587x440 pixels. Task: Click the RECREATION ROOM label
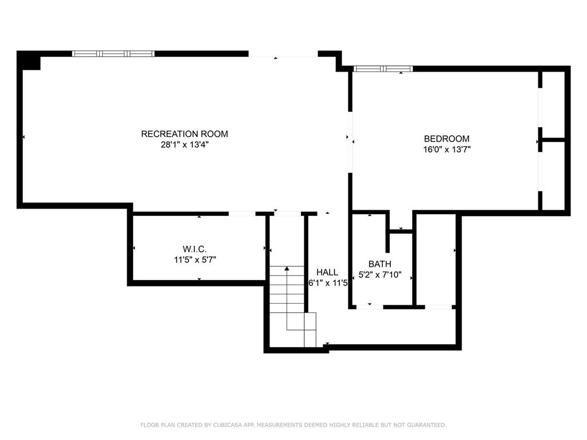pyautogui.click(x=184, y=134)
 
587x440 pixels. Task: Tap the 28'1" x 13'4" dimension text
pyautogui.click(x=184, y=145)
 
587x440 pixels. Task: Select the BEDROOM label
pyautogui.click(x=447, y=139)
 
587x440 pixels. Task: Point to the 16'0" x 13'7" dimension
pyautogui.click(x=447, y=150)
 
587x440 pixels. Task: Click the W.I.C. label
pyautogui.click(x=195, y=249)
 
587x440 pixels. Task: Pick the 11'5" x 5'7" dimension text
pyautogui.click(x=195, y=260)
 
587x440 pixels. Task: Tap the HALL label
pyautogui.click(x=327, y=272)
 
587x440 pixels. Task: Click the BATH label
pyautogui.click(x=379, y=264)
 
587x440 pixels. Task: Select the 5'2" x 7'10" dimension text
pyautogui.click(x=379, y=275)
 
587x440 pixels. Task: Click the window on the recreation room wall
pyautogui.click(x=113, y=53)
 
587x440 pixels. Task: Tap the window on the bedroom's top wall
pyautogui.click(x=382, y=69)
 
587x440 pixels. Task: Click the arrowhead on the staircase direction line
pyautogui.click(x=287, y=268)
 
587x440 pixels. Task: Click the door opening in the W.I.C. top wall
pyautogui.click(x=242, y=214)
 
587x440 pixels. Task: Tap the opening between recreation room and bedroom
pyautogui.click(x=350, y=142)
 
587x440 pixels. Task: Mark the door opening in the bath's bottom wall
pyautogui.click(x=370, y=307)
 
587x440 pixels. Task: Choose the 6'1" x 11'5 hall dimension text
pyautogui.click(x=328, y=283)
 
